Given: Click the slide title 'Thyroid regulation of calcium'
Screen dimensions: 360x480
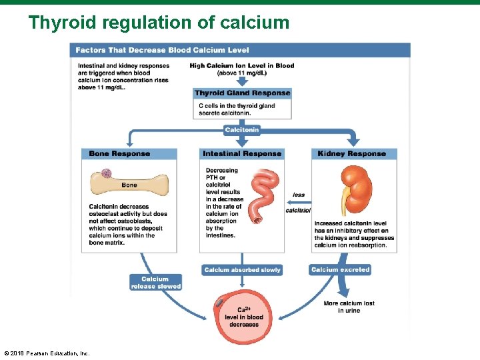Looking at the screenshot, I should [159, 23].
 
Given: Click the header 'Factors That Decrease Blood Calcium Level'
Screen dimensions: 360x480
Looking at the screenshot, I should [162, 50].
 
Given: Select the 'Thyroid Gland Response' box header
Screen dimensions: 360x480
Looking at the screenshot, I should [242, 93].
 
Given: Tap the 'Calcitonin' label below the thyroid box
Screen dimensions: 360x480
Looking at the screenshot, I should [241, 129].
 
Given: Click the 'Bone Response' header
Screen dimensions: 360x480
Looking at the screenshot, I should [120, 154].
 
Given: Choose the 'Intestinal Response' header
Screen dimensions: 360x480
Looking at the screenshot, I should [242, 154].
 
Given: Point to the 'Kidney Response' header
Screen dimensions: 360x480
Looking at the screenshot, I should [351, 154].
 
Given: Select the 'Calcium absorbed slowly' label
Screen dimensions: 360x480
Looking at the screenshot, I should [242, 270].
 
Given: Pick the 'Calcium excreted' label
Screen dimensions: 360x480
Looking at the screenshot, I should [340, 269].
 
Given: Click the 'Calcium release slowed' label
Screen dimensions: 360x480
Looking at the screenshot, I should [155, 283].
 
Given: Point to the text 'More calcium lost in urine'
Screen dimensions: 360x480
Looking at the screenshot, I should [349, 307].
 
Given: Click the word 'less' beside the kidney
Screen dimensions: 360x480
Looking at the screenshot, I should [298, 195].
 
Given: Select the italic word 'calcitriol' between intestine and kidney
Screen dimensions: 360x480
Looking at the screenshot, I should [297, 211].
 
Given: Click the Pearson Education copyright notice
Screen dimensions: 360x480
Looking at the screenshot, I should [47, 353].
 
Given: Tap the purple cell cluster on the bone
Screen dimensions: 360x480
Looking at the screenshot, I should [107, 173].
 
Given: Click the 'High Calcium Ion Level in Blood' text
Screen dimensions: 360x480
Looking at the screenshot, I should [241, 66].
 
